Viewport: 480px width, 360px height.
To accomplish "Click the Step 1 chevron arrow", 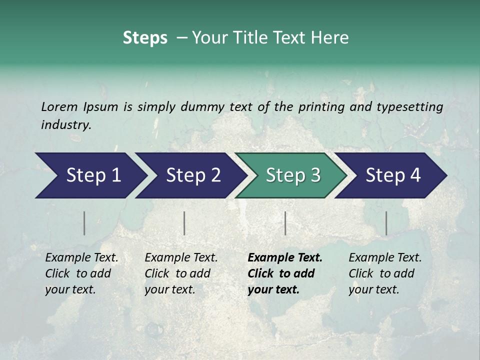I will (92, 175).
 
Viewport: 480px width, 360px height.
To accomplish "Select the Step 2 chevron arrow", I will (192, 175).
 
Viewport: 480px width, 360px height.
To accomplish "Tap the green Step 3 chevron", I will (292, 175).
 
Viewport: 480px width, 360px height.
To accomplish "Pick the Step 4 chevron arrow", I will (392, 175).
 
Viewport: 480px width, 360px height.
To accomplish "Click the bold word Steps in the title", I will (145, 38).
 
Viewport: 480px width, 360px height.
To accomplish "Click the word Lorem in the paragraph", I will (59, 106).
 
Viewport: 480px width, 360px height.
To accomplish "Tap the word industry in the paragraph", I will (66, 125).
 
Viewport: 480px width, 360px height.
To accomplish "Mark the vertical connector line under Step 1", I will (84, 223).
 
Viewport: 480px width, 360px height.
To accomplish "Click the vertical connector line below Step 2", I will (184, 223).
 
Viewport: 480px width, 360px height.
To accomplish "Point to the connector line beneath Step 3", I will (285, 223).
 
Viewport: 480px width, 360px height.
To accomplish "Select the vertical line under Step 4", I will (386, 223).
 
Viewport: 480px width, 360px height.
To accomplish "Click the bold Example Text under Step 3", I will (285, 258).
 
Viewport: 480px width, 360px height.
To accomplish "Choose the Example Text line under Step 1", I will (81, 258).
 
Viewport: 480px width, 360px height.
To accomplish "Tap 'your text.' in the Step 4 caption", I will (373, 289).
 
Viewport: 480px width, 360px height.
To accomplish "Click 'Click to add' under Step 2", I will (177, 273).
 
